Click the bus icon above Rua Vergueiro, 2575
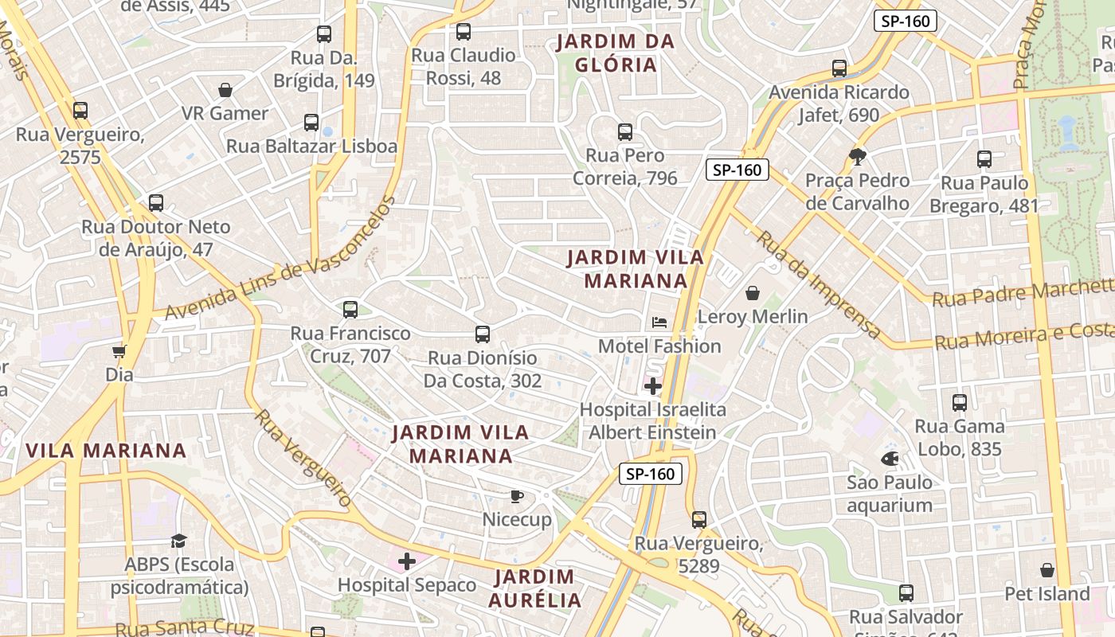(x=80, y=111)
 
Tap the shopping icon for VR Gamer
(x=225, y=90)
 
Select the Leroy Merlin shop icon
(x=753, y=293)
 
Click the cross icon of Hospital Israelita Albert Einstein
(x=653, y=387)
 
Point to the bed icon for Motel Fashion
(x=659, y=322)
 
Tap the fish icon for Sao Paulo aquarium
(x=890, y=459)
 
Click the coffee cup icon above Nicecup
(x=517, y=497)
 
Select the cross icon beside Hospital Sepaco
(x=407, y=561)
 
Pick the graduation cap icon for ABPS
(x=179, y=541)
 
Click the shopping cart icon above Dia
(x=119, y=351)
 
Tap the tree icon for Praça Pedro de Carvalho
(x=857, y=157)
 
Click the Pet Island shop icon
(x=1047, y=570)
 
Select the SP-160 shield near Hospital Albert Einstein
(x=651, y=474)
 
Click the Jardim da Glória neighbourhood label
(x=616, y=53)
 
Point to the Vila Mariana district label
(x=106, y=451)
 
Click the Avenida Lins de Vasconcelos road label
(x=280, y=259)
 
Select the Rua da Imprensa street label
(x=819, y=284)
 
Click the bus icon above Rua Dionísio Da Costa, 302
(x=483, y=334)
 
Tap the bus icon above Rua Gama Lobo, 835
(x=960, y=403)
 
